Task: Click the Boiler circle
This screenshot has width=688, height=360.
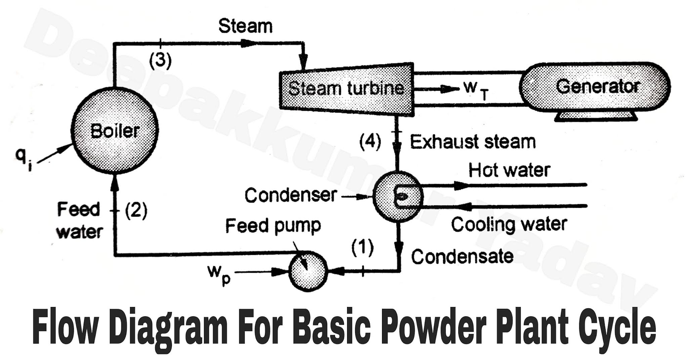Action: click(115, 130)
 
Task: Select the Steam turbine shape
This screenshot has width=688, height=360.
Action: click(346, 89)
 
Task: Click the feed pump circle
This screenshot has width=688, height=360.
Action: click(308, 271)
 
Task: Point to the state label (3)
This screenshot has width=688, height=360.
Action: click(160, 61)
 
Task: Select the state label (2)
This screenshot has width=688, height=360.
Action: click(136, 211)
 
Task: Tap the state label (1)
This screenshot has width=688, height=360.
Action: click(362, 248)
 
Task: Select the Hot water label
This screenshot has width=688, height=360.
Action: click(509, 170)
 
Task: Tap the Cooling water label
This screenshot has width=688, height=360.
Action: click(509, 224)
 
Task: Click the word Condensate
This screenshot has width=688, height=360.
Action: click(462, 257)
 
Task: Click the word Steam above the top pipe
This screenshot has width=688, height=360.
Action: click(245, 26)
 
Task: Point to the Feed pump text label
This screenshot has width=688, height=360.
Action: click(273, 226)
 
